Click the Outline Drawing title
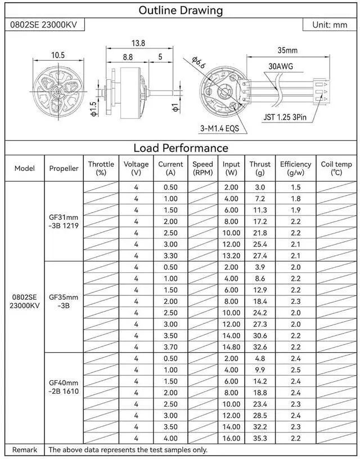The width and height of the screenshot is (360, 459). pyautogui.click(x=180, y=10)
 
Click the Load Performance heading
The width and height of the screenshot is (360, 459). pyautogui.click(x=180, y=148)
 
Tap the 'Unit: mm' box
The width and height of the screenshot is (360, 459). pyautogui.click(x=329, y=25)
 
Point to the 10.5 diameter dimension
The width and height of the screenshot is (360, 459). pyautogui.click(x=58, y=55)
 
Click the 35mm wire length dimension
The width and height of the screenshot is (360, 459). pyautogui.click(x=287, y=51)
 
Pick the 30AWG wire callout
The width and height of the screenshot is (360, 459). pyautogui.click(x=280, y=66)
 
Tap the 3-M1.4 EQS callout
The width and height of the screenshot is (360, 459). pyautogui.click(x=219, y=128)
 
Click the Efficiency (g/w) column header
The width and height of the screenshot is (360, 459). pyautogui.click(x=295, y=168)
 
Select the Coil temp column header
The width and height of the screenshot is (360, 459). pyautogui.click(x=336, y=168)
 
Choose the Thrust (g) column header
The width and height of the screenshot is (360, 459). pyautogui.click(x=260, y=168)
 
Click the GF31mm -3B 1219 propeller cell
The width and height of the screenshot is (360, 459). pyautogui.click(x=64, y=221)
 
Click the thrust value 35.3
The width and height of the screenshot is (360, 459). pyautogui.click(x=260, y=438)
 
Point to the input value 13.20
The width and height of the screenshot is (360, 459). pyautogui.click(x=231, y=255)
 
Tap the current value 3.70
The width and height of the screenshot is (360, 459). pyautogui.click(x=170, y=346)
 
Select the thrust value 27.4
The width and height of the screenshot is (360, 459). pyautogui.click(x=260, y=255)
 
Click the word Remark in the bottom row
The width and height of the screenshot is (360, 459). pyautogui.click(x=25, y=449)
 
